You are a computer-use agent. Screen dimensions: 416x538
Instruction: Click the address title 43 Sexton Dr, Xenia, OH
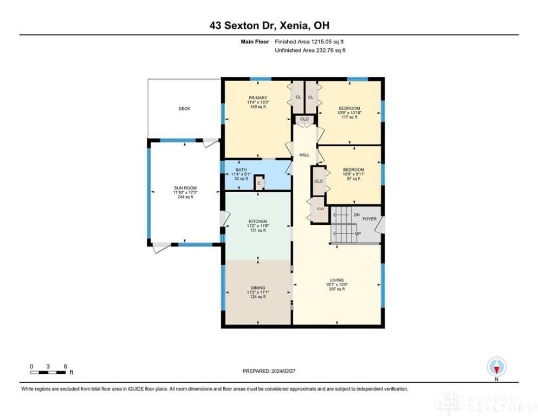pos(269,25)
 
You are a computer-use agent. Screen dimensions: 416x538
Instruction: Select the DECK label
pos(184,109)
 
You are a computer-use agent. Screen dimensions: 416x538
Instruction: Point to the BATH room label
pos(241,170)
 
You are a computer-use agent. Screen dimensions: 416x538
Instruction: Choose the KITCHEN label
pos(258,222)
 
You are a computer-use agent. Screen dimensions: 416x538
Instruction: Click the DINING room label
pos(258,288)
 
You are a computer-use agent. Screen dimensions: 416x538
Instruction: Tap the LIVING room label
pos(336,280)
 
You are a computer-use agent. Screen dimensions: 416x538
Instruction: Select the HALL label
pos(304,155)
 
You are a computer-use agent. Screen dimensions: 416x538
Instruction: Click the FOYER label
pos(370,219)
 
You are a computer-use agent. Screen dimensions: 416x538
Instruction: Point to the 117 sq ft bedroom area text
pos(349,118)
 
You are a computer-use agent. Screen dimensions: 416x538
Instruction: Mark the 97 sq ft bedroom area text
pos(353,179)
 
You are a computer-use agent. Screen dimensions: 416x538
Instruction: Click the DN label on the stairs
pos(356,215)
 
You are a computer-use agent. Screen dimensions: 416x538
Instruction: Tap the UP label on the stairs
pos(358,233)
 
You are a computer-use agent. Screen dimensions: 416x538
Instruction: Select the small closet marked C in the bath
pos(259,184)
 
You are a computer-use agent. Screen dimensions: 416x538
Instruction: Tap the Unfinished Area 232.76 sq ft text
pos(310,50)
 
